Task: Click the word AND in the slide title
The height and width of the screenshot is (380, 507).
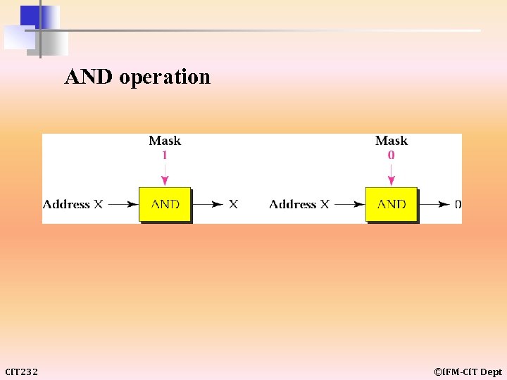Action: click(x=89, y=77)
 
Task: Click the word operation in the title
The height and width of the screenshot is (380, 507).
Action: click(x=165, y=77)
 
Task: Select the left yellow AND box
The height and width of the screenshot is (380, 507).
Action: click(x=165, y=204)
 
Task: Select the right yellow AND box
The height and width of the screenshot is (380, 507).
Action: click(x=392, y=204)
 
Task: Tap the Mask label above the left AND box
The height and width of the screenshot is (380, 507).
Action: click(x=165, y=141)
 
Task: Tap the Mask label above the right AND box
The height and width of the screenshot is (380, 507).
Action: click(x=392, y=141)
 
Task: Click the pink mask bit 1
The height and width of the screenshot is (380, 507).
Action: click(x=165, y=155)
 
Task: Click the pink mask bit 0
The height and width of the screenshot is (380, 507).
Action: click(x=392, y=155)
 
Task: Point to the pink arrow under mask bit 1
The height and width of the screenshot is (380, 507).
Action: click(x=165, y=174)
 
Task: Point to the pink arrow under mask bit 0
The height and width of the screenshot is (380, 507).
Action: click(x=392, y=174)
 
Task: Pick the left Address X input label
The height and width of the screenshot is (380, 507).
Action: click(x=73, y=204)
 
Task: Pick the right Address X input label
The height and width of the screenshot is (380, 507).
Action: click(x=299, y=204)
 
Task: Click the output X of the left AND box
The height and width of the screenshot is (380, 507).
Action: click(x=233, y=204)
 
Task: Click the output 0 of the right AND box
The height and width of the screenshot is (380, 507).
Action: click(x=458, y=204)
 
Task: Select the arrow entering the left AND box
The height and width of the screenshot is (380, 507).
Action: click(x=123, y=204)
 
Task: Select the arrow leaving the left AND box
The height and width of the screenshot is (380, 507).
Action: click(x=208, y=204)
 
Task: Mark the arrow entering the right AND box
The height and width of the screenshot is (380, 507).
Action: click(x=349, y=204)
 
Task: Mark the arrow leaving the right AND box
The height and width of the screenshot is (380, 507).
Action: click(x=434, y=204)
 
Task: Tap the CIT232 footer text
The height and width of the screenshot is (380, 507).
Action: click(x=22, y=372)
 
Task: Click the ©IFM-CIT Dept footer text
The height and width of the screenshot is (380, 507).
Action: click(x=468, y=372)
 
